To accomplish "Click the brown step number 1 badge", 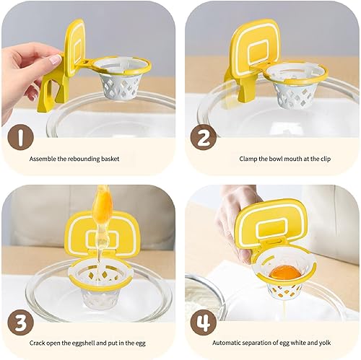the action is coord(20,137).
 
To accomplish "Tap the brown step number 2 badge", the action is coord(204,137).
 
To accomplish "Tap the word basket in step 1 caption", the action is coord(110,159).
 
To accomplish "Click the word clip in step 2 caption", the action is coord(326,159).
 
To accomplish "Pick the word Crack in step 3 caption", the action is coord(37,343).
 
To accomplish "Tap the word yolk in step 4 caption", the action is coord(325,343).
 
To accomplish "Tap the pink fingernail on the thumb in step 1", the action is coord(56,59).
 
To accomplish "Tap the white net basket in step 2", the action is coord(294,90).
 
